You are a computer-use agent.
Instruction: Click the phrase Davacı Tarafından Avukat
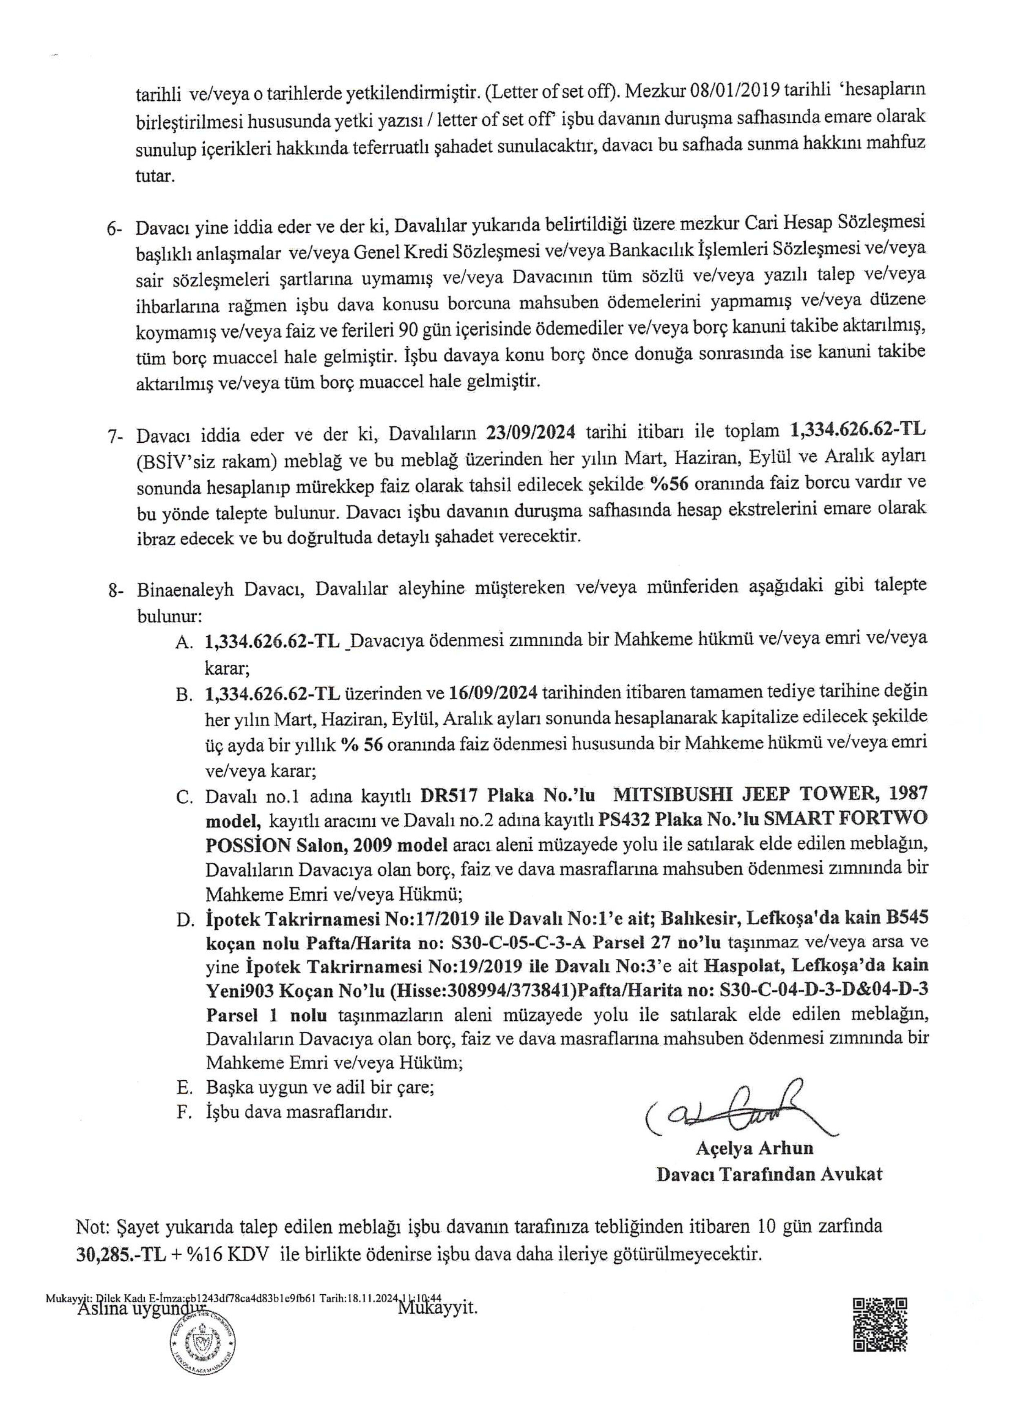pyautogui.click(x=769, y=1174)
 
